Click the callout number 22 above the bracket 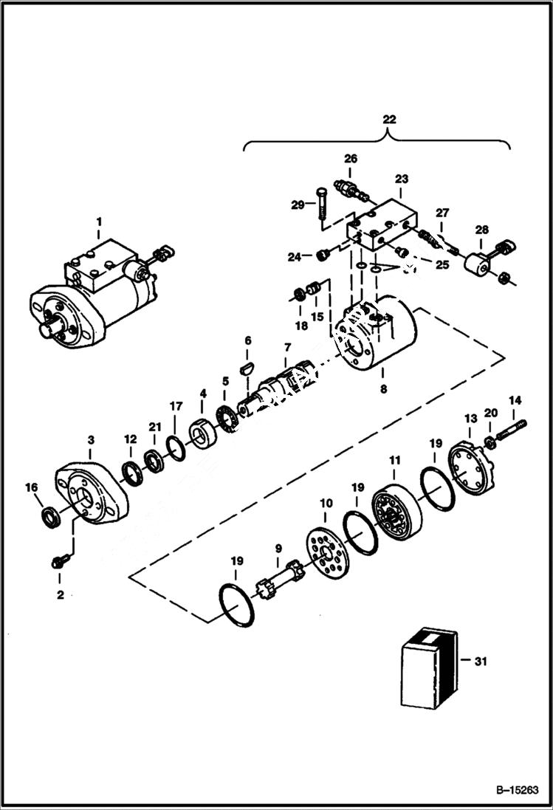(388, 120)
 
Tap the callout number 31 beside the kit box (481, 662)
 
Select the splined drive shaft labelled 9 (279, 583)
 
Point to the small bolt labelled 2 (58, 562)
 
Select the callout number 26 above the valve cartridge (350, 158)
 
